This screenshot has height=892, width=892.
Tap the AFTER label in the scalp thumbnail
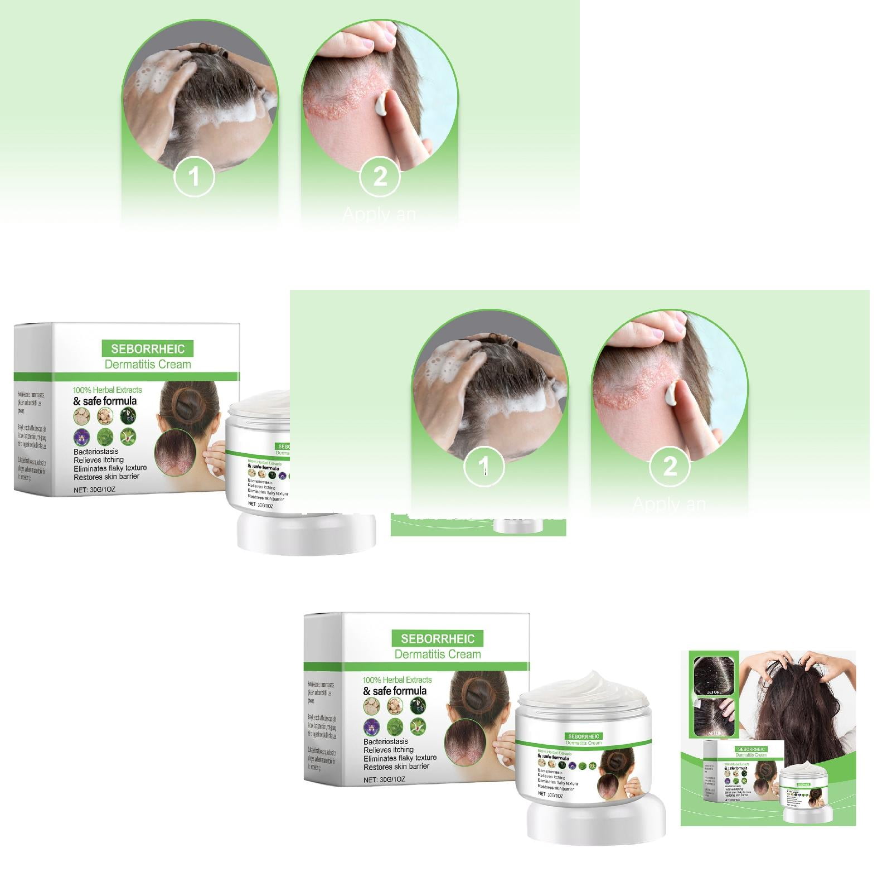(x=714, y=733)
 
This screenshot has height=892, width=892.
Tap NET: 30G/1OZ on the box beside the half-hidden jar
(x=94, y=490)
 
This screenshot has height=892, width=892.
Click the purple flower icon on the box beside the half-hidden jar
(x=81, y=437)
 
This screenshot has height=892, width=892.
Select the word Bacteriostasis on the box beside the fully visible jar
(x=386, y=741)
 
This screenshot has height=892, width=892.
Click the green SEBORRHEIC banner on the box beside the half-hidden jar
(x=147, y=349)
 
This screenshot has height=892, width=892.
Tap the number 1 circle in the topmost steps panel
(x=194, y=177)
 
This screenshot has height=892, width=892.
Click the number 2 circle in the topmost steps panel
(x=380, y=177)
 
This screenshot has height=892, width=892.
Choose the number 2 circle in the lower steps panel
(x=670, y=467)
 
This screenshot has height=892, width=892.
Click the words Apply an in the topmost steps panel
(x=379, y=214)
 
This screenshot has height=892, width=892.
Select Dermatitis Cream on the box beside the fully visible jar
(x=438, y=654)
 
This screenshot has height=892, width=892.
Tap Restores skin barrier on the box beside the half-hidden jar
(x=106, y=477)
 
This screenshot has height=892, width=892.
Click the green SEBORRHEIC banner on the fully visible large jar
(x=583, y=736)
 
